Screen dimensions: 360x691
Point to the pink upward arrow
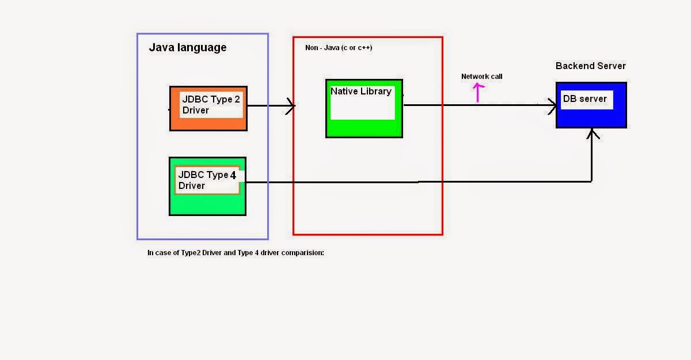click(477, 92)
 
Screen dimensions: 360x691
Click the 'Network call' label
click(481, 77)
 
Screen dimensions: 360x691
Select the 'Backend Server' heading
click(590, 66)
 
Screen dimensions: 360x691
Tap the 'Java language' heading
click(188, 48)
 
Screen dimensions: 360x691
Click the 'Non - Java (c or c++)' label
click(339, 48)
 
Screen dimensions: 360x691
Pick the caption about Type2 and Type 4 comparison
click(236, 252)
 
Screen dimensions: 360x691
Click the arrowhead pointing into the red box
click(291, 106)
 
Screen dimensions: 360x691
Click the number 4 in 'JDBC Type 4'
click(233, 175)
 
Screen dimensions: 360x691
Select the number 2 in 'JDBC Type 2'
click(237, 99)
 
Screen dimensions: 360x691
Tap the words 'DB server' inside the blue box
click(584, 98)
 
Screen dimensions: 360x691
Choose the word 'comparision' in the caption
click(303, 252)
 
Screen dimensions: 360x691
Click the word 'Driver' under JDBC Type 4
click(192, 185)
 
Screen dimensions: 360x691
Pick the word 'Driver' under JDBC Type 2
click(196, 110)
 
